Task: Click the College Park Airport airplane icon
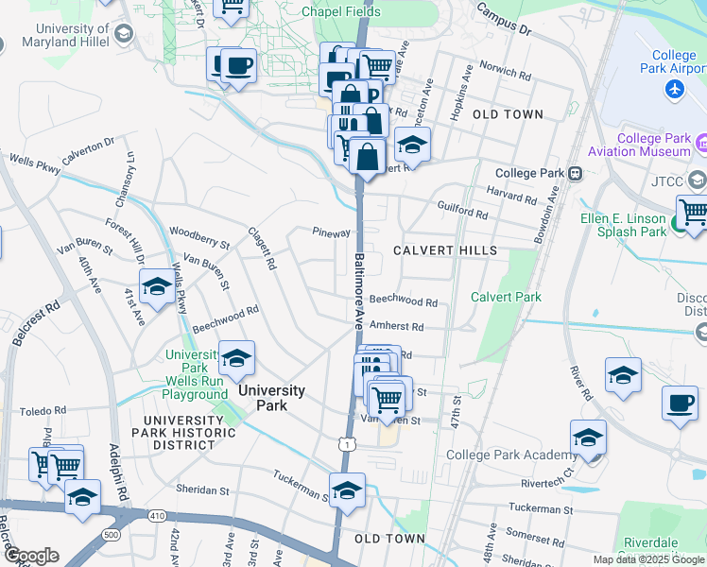tap(674, 89)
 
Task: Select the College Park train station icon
tap(574, 174)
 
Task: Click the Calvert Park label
tap(506, 297)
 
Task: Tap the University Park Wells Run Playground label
tap(195, 374)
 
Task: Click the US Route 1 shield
tap(349, 443)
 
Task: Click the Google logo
tap(30, 555)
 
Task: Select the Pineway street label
tap(331, 232)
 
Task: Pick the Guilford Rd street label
tap(462, 210)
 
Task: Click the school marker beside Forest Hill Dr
tap(157, 287)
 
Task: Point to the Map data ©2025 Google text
tap(647, 559)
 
